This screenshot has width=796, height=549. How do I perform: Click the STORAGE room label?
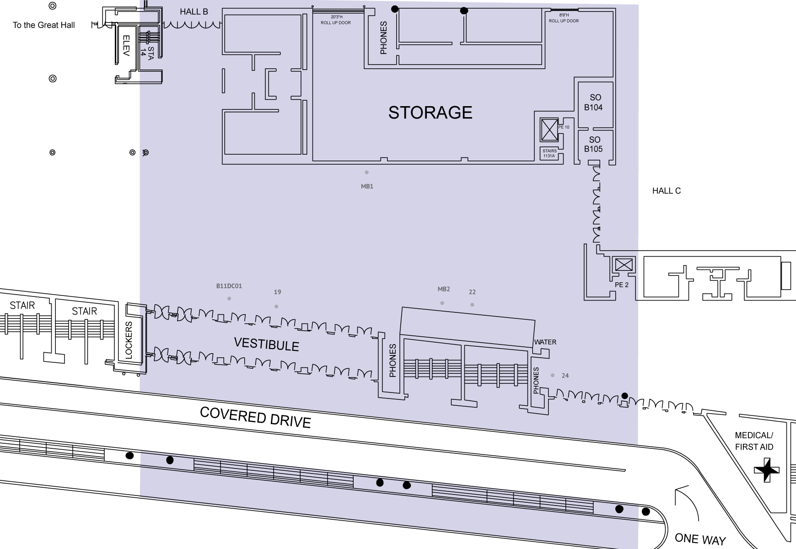pos(430,113)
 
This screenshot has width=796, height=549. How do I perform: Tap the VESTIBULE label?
pos(266,344)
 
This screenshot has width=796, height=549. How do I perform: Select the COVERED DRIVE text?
pos(256,417)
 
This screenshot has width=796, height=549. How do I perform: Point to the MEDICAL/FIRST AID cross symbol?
pos(767,470)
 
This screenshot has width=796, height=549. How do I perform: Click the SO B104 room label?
pos(594,102)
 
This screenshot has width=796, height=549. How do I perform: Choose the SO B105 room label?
pos(594,144)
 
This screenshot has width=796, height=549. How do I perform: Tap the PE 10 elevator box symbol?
pos(549,130)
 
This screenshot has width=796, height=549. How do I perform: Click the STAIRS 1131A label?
pos(549,153)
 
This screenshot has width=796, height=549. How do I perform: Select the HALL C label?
pos(666,191)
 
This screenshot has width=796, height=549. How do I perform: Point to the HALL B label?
pos(194,11)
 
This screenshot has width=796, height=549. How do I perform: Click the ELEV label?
pos(127,46)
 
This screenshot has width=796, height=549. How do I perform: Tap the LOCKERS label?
pos(129,340)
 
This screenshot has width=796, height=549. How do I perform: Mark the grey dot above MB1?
pos(366,172)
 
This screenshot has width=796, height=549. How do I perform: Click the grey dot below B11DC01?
pos(229,299)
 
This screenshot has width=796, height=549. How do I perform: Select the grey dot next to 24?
pos(553,375)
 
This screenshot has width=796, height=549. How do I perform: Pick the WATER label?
pos(545,342)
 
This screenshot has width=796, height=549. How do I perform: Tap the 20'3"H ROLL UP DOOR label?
pos(336,20)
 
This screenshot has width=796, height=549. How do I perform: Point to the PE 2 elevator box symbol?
pos(624,264)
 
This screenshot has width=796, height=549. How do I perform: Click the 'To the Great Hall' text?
pos(43,25)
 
